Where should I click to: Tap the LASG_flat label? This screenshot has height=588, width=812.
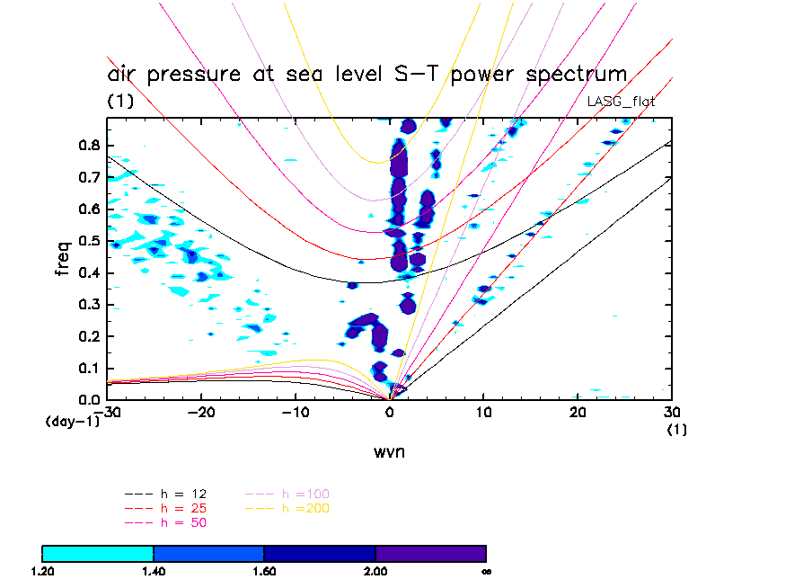pyautogui.click(x=621, y=102)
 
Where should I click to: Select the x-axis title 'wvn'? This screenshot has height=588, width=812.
pyautogui.click(x=390, y=451)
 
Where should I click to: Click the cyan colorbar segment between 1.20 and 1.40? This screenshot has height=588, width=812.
pyautogui.click(x=98, y=553)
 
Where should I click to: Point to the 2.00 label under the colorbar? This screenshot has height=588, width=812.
pyautogui.click(x=375, y=571)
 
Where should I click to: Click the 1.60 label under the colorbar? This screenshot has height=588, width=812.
pyautogui.click(x=264, y=571)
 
